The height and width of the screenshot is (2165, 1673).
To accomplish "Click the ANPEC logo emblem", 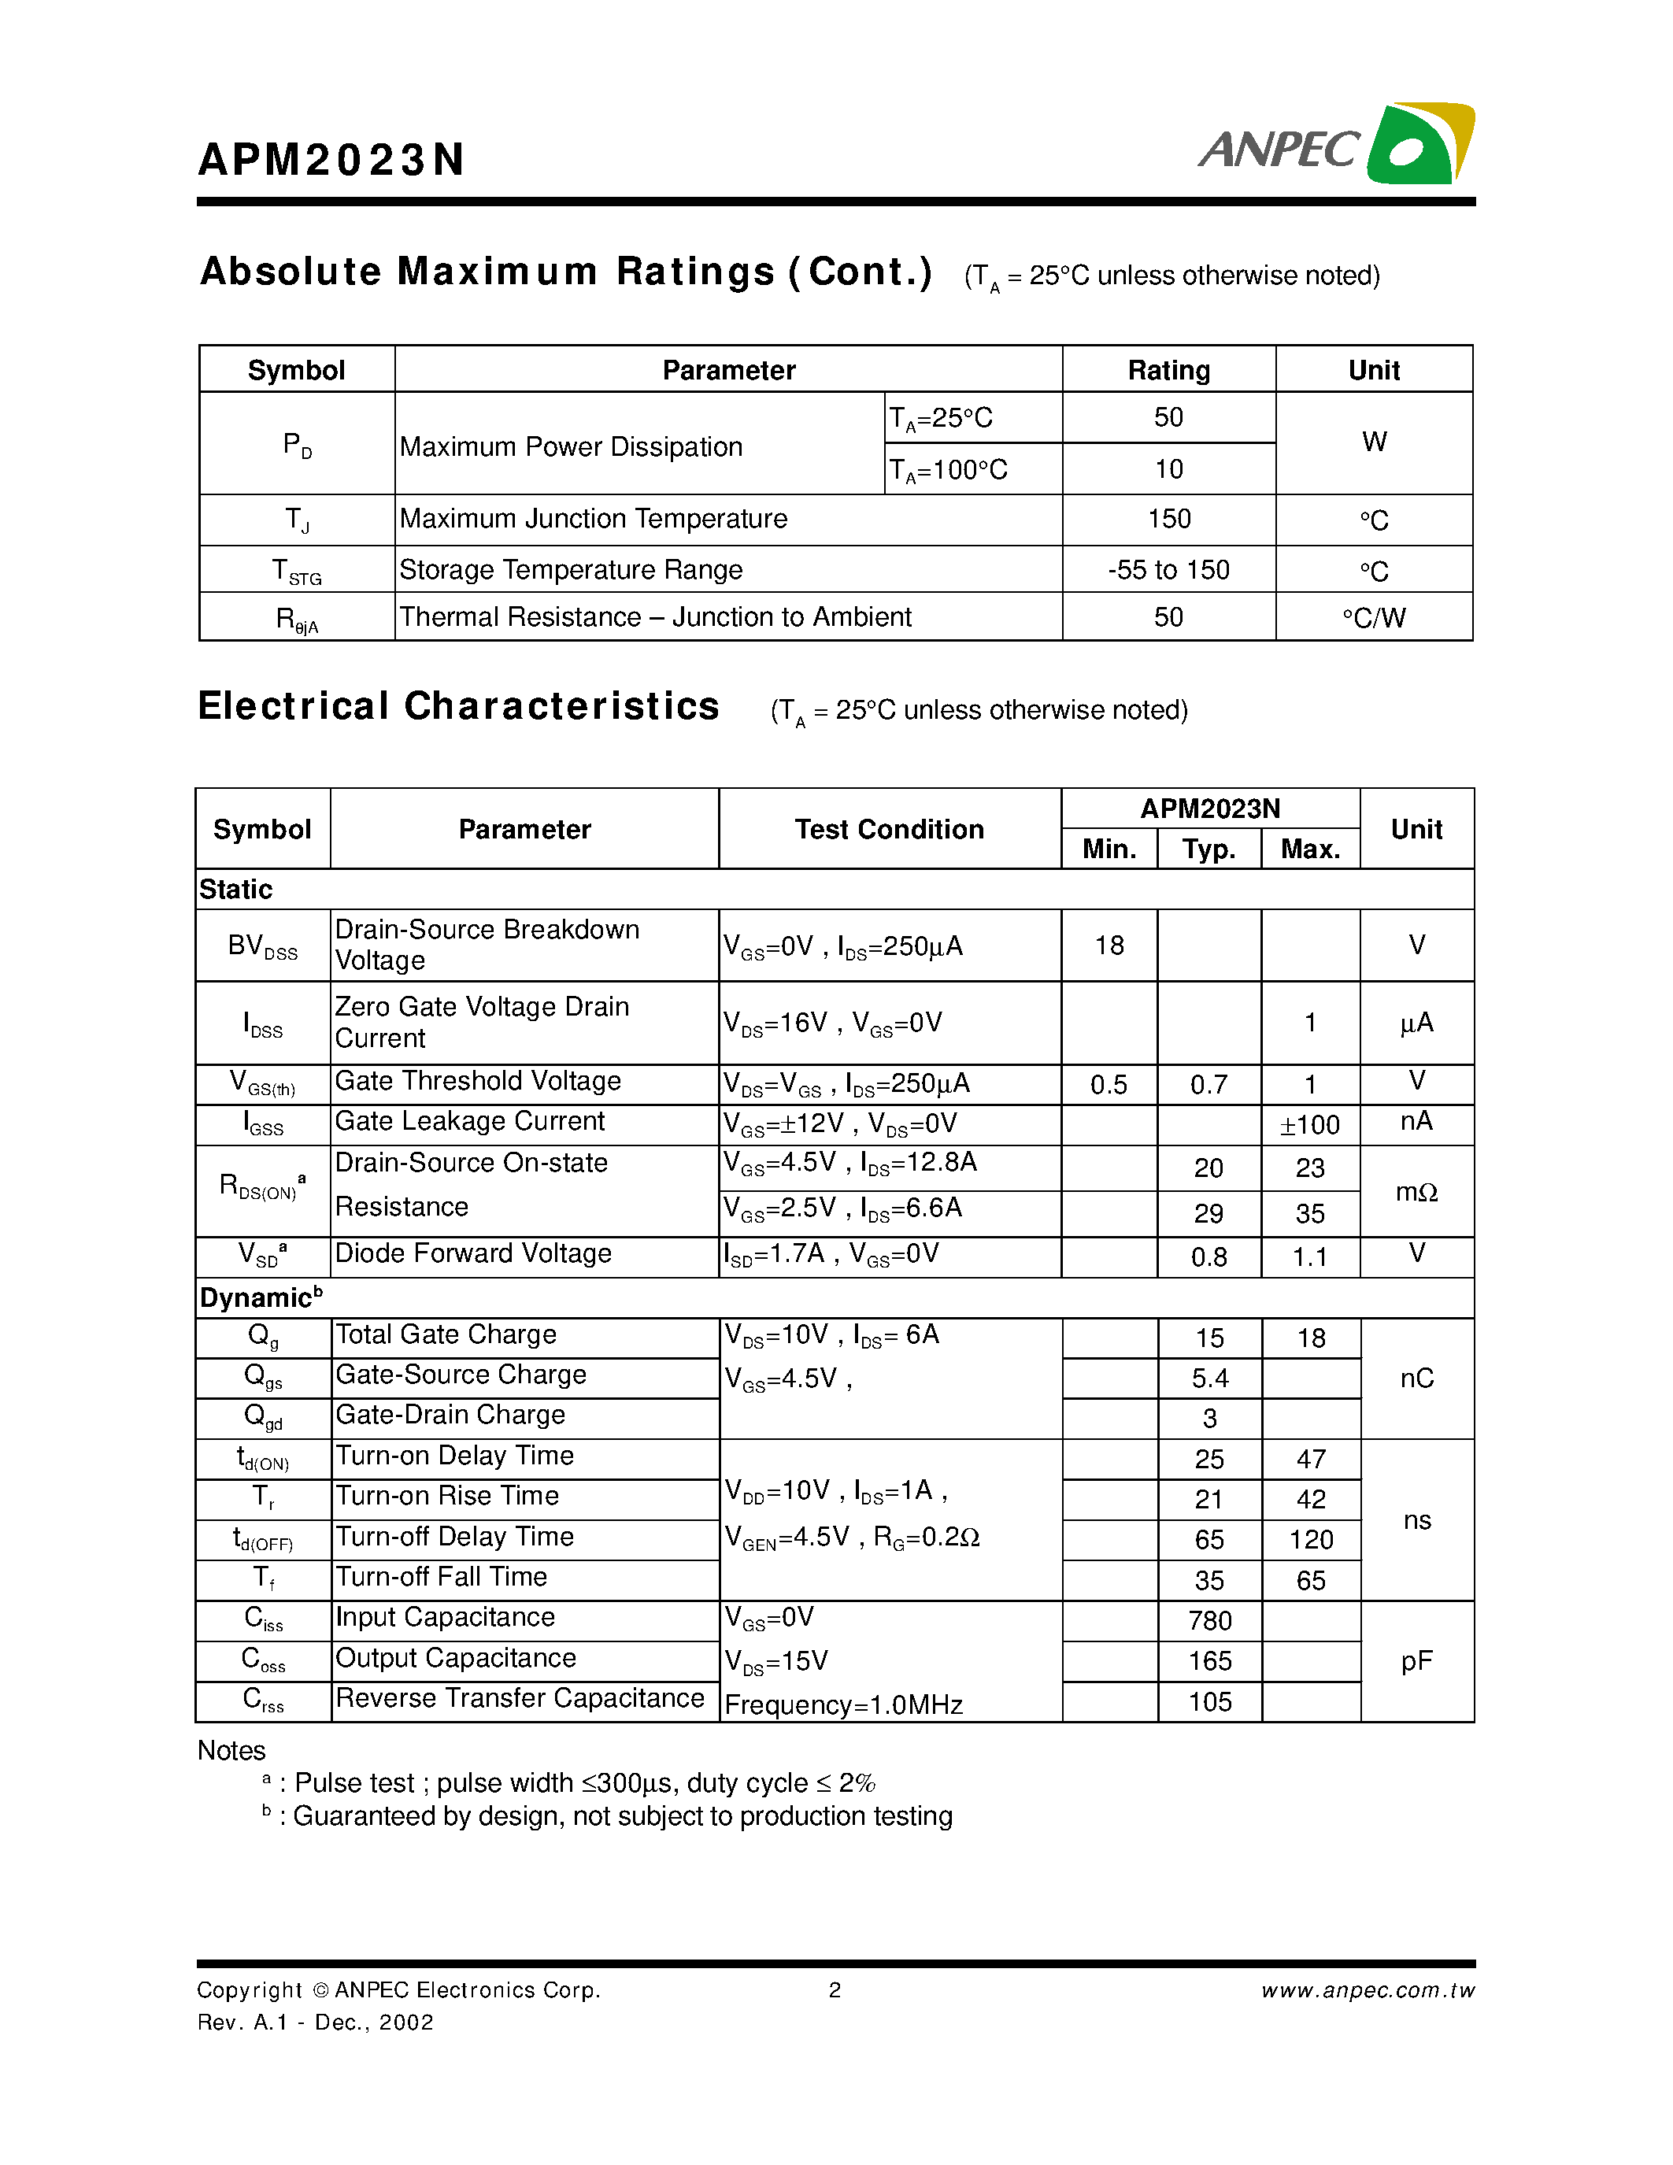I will (x=1419, y=144).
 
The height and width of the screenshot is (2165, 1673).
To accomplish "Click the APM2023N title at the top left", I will (x=331, y=160).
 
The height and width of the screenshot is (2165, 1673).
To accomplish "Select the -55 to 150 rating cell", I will (x=1168, y=570).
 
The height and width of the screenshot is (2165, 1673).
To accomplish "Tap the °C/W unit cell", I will (x=1373, y=617).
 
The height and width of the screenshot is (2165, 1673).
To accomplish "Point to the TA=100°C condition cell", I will (x=949, y=469).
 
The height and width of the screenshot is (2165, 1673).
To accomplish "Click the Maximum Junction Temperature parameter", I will (x=593, y=519).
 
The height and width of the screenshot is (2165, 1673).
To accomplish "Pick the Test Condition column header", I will (x=888, y=829).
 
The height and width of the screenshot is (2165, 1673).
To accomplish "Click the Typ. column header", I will (x=1208, y=849).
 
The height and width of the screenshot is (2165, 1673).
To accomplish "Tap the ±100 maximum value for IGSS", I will (x=1309, y=1125).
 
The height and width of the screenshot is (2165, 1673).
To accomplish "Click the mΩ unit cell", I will (x=1416, y=1192).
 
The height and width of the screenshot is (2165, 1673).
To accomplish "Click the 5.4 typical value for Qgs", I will (x=1209, y=1378).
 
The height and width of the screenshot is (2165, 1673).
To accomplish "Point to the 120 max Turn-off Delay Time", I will (x=1310, y=1539).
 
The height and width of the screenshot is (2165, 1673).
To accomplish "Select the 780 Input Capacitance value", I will (x=1209, y=1621).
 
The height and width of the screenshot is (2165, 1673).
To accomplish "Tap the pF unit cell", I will (x=1416, y=1661).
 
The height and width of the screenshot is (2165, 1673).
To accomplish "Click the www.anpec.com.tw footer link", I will (x=1367, y=1989).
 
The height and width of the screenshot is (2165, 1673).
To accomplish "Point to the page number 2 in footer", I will (x=835, y=1989).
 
